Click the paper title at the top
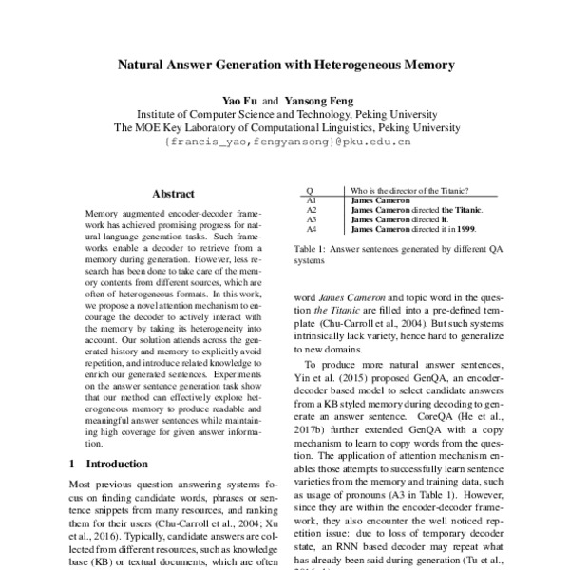(x=286, y=67)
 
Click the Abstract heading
(x=173, y=194)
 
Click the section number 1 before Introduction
(x=73, y=465)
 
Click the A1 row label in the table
(x=312, y=200)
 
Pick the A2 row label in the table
(x=312, y=210)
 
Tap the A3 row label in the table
(x=312, y=219)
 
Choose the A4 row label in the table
(x=312, y=229)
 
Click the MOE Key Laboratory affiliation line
(x=286, y=126)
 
